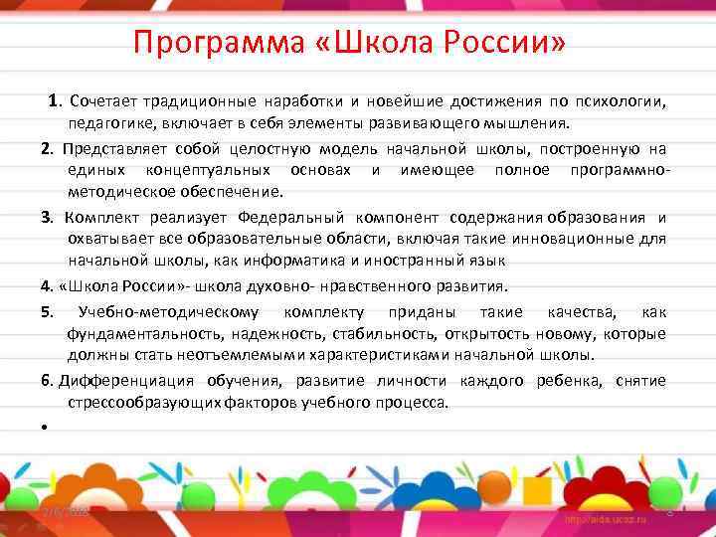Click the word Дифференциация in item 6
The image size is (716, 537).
[128, 381]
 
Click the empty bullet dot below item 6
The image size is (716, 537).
[46, 427]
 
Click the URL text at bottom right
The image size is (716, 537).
[606, 520]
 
